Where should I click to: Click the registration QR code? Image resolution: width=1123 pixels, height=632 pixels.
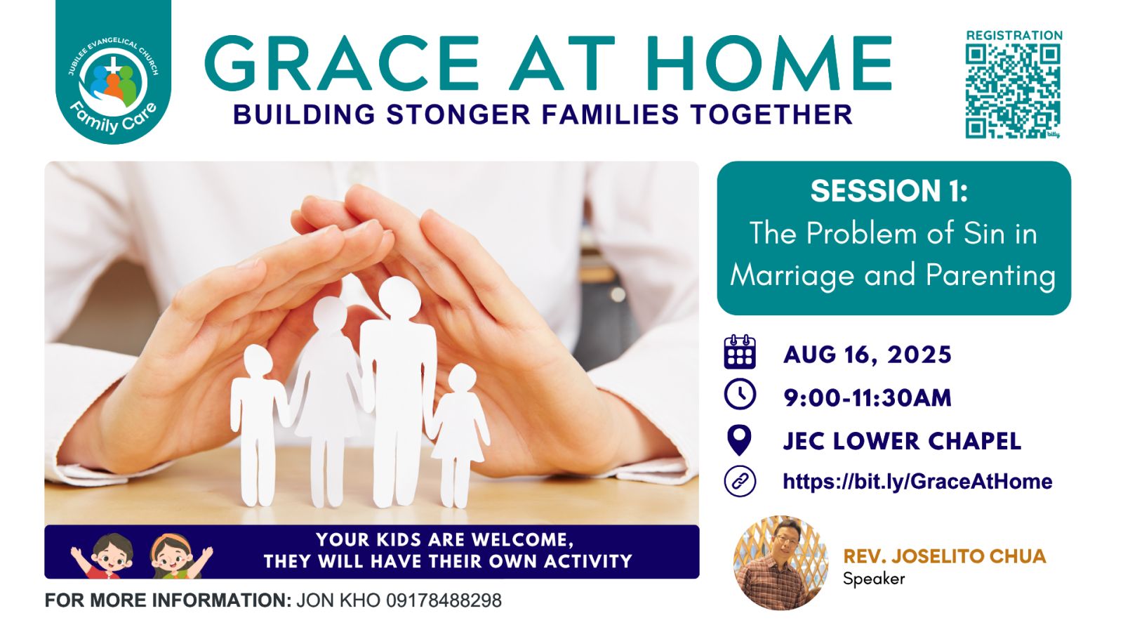(x=1013, y=91)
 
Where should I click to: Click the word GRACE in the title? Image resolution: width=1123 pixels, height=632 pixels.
(x=342, y=63)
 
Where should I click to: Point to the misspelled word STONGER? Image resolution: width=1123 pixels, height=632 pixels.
(x=458, y=114)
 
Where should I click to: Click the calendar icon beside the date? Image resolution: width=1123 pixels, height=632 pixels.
(x=740, y=352)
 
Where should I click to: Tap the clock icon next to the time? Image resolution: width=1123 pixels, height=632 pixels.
(x=740, y=394)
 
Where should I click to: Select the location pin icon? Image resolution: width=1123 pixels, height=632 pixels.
(x=740, y=440)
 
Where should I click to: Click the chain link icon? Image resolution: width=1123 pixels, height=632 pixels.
(x=740, y=482)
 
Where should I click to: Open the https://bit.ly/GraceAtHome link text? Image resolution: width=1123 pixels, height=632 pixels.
(x=917, y=482)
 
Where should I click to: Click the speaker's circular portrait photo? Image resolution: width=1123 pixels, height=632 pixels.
(x=781, y=562)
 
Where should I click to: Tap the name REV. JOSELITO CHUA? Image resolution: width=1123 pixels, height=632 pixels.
(x=945, y=556)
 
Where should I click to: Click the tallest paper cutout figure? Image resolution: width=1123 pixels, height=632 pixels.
(x=398, y=391)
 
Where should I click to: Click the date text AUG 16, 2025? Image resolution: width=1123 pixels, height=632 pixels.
(x=868, y=355)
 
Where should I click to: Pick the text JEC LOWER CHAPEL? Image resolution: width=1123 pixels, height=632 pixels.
(x=902, y=441)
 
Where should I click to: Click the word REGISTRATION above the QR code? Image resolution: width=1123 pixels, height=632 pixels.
(x=1014, y=35)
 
